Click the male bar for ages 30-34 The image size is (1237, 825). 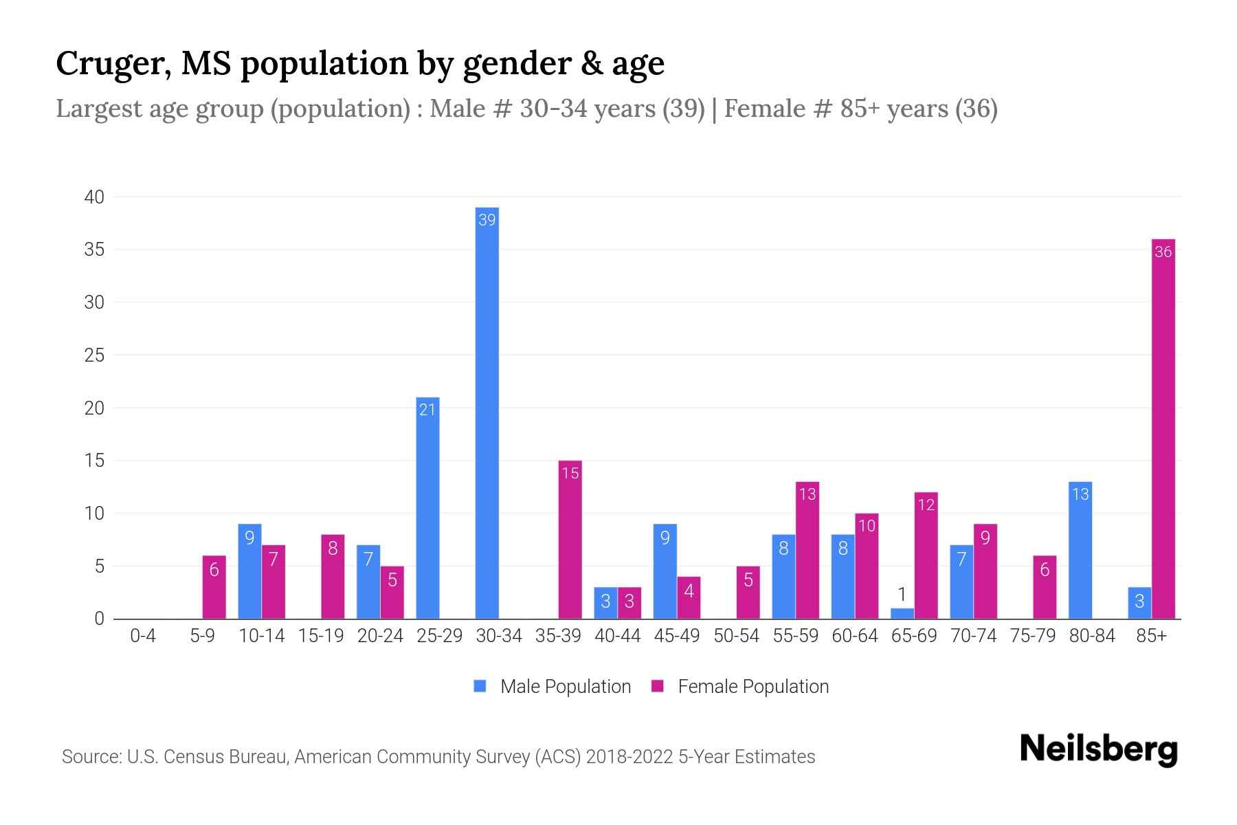pyautogui.click(x=487, y=412)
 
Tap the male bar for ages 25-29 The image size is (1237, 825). pyautogui.click(x=427, y=508)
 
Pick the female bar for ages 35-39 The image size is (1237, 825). pyautogui.click(x=570, y=540)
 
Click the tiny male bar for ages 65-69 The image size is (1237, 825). pyautogui.click(x=902, y=613)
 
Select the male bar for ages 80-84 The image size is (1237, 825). pyautogui.click(x=1080, y=550)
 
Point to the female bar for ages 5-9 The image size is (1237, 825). pyautogui.click(x=214, y=587)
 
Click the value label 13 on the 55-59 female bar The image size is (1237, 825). pyautogui.click(x=807, y=494)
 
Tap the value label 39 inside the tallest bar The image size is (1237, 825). pyautogui.click(x=487, y=220)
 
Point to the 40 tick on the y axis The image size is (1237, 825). pyautogui.click(x=94, y=197)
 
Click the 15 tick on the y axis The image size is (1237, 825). pyautogui.click(x=94, y=461)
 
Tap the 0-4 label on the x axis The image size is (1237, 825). pyautogui.click(x=143, y=636)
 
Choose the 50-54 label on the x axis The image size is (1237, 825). pyautogui.click(x=736, y=636)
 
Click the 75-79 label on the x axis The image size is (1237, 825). pyautogui.click(x=1032, y=636)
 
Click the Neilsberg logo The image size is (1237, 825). pyautogui.click(x=1098, y=749)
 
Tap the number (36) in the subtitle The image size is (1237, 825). pyautogui.click(x=976, y=109)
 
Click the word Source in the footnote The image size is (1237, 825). pyautogui.click(x=91, y=757)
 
